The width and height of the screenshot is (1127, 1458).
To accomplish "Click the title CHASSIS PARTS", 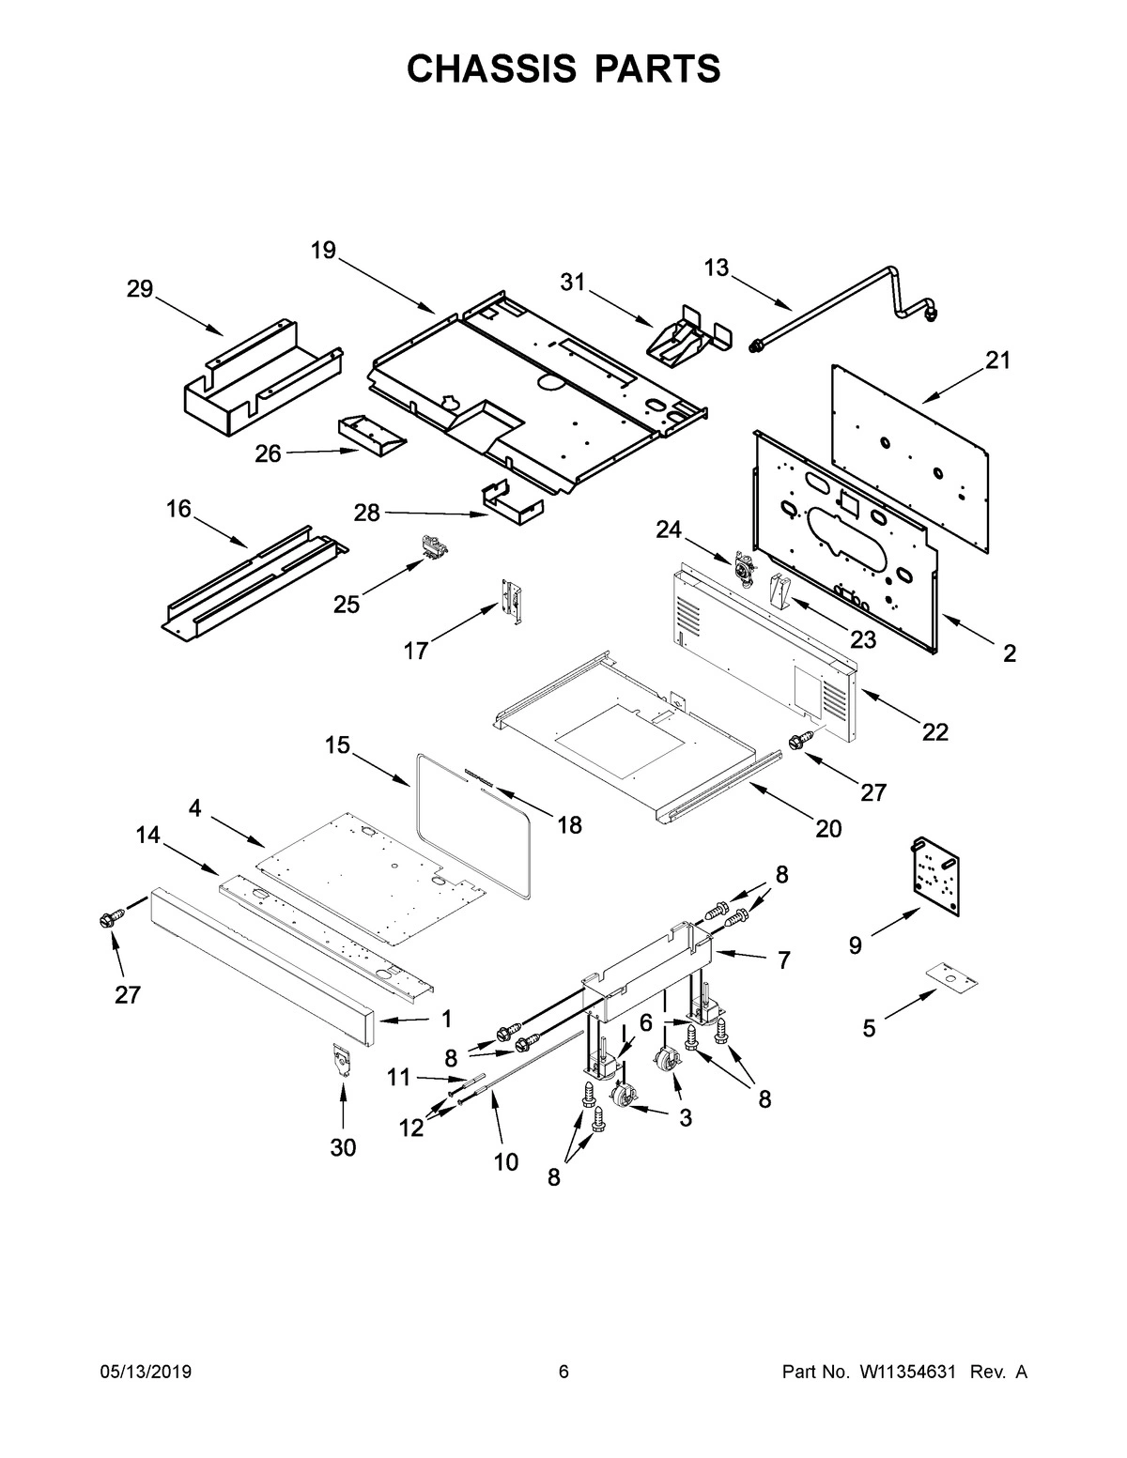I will coord(563,69).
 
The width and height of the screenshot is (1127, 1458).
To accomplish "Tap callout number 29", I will coord(140,289).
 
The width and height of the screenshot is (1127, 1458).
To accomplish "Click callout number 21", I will coord(997,360).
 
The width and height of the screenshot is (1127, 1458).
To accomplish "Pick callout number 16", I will coord(178,510).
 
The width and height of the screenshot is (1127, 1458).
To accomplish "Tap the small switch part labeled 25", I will coord(434,546).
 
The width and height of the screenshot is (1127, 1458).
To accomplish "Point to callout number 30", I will coord(343,1147).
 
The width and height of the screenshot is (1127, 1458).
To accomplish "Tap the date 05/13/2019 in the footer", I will coord(146,1373).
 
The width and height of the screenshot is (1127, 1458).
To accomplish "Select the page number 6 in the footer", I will coord(563,1373).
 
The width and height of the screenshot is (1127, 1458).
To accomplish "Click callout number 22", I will coord(934,731).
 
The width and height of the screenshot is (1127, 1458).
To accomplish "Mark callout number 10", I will coord(505,1162).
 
